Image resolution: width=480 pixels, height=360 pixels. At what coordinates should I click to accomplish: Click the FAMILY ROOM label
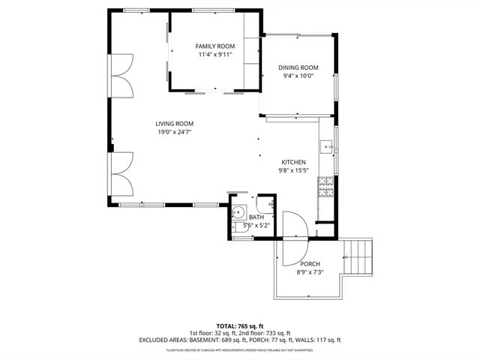(x=215, y=46)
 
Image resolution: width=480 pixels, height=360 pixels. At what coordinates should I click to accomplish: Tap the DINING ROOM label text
(x=298, y=67)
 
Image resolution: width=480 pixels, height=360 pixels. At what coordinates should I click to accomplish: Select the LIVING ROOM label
(x=175, y=124)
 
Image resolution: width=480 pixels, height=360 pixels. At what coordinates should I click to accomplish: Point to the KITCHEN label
(x=293, y=162)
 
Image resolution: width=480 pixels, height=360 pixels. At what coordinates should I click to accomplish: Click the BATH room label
(x=256, y=217)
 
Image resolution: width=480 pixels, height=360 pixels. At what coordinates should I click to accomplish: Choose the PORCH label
(x=310, y=264)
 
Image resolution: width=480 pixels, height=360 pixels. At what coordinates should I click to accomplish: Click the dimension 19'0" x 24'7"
(x=175, y=133)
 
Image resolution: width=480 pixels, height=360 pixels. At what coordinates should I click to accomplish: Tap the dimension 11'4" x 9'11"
(x=215, y=55)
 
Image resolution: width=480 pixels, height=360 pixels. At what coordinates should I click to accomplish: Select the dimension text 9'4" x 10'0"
(x=298, y=76)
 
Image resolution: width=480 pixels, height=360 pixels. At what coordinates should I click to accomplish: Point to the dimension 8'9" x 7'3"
(x=310, y=272)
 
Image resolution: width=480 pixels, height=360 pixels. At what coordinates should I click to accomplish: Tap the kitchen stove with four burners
(x=326, y=186)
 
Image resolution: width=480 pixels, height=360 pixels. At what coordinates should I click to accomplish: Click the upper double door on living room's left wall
(x=123, y=77)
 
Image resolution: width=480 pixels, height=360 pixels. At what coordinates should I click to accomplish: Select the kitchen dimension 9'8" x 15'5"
(x=293, y=170)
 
